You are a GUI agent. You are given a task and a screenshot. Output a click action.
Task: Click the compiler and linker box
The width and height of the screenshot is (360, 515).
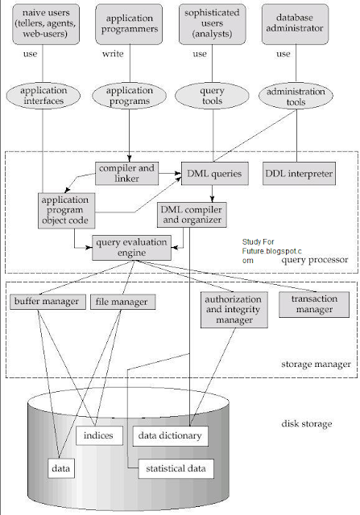125,171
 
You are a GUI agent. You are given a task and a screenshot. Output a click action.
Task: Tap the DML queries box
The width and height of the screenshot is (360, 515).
213,172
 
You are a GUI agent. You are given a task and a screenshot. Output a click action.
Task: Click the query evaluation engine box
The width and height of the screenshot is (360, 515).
131,246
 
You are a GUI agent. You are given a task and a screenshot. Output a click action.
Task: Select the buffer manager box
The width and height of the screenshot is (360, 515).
45,303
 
